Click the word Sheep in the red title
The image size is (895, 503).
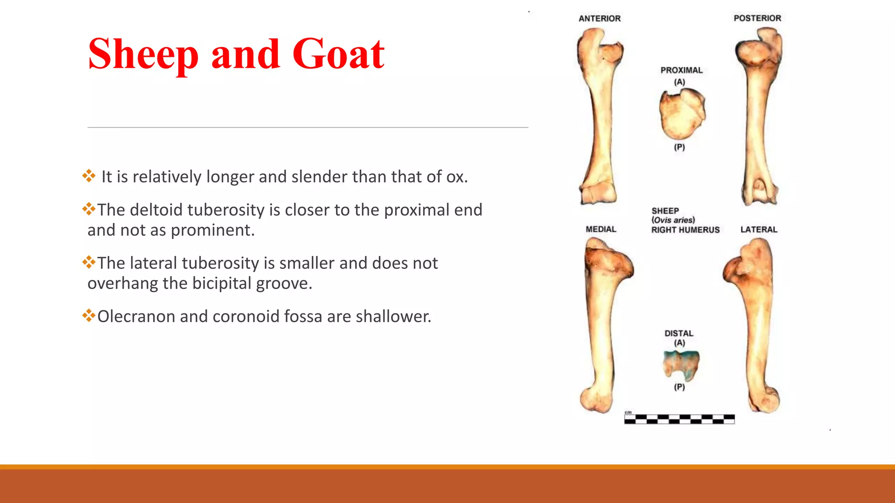click(x=143, y=55)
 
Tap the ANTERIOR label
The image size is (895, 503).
click(x=599, y=18)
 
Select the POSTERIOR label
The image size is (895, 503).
click(x=757, y=18)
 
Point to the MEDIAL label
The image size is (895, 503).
click(x=600, y=229)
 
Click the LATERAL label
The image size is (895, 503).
click(x=759, y=229)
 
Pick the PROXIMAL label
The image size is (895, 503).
click(x=681, y=70)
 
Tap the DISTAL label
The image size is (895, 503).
click(x=679, y=333)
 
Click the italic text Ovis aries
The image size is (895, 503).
click(x=673, y=220)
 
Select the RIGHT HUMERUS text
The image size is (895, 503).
click(x=685, y=230)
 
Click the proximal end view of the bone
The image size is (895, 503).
click(x=682, y=114)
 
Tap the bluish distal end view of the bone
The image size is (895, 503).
click(x=681, y=365)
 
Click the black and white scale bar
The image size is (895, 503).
click(x=679, y=419)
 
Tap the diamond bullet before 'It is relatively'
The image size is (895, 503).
click(x=89, y=176)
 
